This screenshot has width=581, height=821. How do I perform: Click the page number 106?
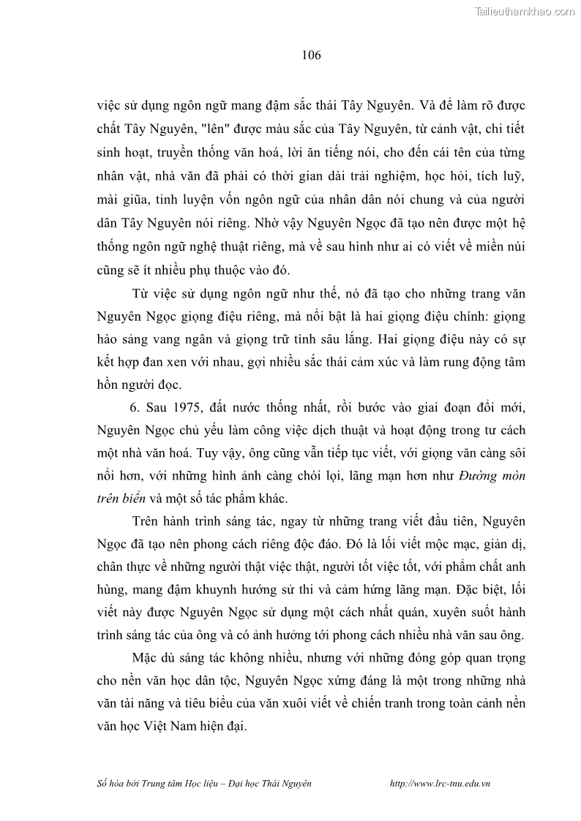click(311, 55)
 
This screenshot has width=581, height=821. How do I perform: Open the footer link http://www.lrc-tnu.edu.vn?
click(441, 783)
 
